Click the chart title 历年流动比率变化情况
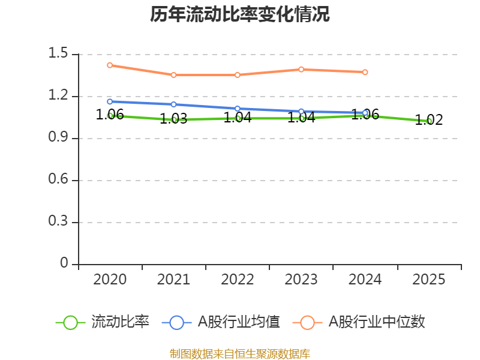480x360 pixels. pos(240,14)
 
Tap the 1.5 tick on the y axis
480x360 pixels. pos(59,54)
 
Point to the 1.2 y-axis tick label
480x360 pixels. pos(59,96)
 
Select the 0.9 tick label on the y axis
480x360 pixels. pos(59,138)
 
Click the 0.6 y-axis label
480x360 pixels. pos(59,180)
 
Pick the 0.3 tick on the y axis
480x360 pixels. pos(59,222)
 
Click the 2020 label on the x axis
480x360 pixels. pos(110,280)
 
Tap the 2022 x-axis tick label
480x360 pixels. pos(238,280)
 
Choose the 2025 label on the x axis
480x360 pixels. pos(429,280)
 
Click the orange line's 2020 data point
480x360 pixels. pos(110,65)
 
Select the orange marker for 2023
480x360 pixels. pos(301,69)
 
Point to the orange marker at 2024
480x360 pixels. pos(365,72)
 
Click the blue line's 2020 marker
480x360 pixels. pos(110,101)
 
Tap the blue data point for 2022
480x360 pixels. pos(238,109)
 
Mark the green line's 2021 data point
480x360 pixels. pos(174,119)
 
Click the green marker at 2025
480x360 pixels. pos(429,121)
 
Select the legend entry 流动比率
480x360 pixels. pos(102,322)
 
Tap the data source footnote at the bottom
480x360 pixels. pos(240,353)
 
